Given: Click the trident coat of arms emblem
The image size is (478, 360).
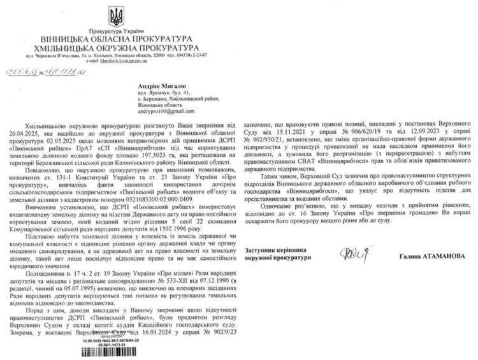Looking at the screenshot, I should point(117,17).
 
